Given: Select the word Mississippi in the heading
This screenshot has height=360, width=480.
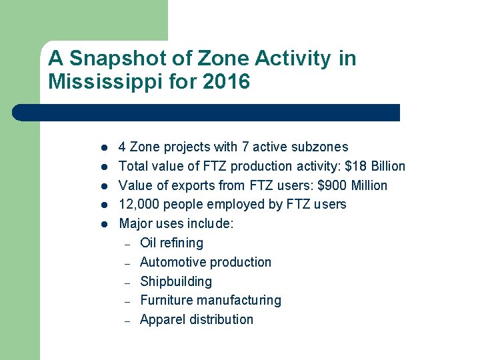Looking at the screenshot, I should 97,82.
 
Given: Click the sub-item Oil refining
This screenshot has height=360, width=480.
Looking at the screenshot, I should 171,243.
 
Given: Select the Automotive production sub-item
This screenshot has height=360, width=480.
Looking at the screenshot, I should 205,262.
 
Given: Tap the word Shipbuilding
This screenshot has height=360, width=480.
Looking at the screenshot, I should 176,281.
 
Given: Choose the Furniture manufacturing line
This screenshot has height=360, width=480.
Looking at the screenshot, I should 211,301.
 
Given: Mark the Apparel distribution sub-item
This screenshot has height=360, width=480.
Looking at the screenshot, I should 197,319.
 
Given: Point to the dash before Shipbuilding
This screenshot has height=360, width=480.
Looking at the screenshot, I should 127,282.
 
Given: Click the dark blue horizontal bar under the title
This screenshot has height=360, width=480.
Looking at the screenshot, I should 207,112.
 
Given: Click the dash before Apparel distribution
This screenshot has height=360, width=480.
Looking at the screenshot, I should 127,320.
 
